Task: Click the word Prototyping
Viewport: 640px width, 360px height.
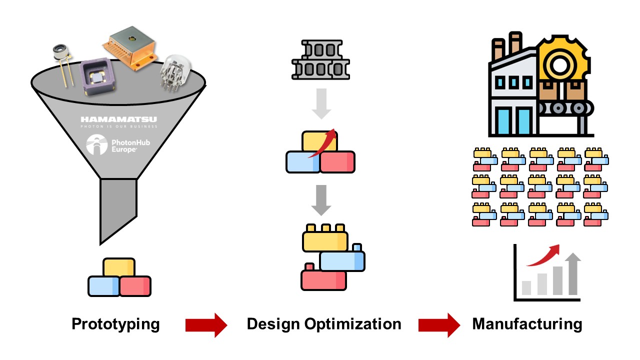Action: coord(115,324)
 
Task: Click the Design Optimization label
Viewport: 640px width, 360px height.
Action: coord(324,324)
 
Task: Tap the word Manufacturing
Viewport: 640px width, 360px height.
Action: coord(527,324)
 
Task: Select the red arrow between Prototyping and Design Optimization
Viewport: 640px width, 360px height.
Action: coord(206,325)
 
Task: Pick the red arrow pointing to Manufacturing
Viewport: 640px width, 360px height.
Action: coord(439,325)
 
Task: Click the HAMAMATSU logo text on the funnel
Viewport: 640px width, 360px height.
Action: coord(118,119)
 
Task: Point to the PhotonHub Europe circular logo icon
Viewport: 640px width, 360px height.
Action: coord(96,144)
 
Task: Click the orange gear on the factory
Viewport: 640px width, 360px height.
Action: coord(564,62)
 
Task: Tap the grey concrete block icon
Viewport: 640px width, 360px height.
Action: coord(320,60)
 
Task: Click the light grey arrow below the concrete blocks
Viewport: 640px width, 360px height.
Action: coord(321,103)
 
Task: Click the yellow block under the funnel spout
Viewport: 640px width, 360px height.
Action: coord(119,267)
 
